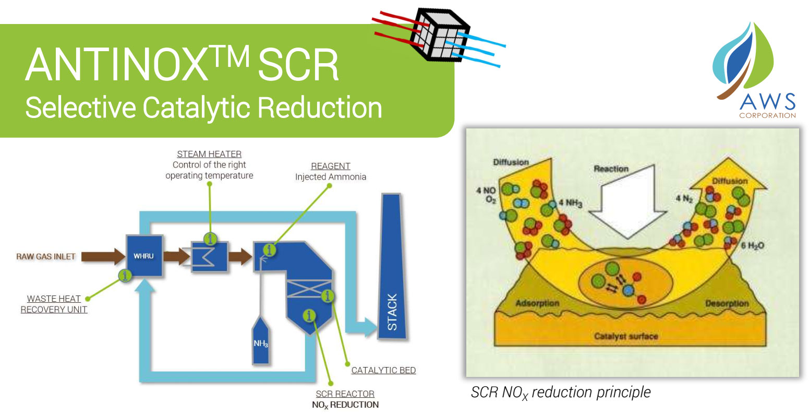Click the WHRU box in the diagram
[x=144, y=256]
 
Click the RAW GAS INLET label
[x=46, y=256]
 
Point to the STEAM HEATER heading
[x=209, y=154]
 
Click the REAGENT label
[x=331, y=166]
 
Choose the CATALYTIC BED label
[x=383, y=370]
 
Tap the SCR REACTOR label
[x=345, y=394]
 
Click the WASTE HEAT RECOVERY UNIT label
[x=54, y=304]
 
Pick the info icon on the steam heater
[x=210, y=239]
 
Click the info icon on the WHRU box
[x=125, y=275]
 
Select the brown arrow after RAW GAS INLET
[x=103, y=256]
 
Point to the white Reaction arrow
[x=627, y=204]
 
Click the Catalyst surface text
[x=626, y=336]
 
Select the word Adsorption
[x=537, y=303]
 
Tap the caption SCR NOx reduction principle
[x=561, y=393]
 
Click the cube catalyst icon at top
[x=439, y=34]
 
